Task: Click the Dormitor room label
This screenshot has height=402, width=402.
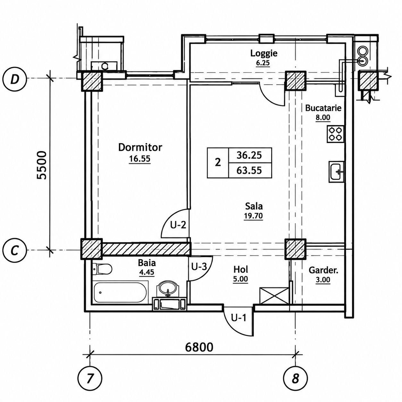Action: coord(140,147)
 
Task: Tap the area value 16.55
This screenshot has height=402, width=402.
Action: coord(140,159)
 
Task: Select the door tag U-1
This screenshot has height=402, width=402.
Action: coord(239,318)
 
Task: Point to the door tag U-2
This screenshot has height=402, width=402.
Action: coord(178,225)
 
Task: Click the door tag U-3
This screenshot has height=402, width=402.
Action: coord(199,267)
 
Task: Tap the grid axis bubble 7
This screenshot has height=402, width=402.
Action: coord(90,378)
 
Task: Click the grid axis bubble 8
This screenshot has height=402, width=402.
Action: coord(295,378)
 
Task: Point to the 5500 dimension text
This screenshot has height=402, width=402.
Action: coord(41,165)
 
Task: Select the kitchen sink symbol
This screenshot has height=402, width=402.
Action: coord(336,172)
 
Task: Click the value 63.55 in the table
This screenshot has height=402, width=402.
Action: coord(249,171)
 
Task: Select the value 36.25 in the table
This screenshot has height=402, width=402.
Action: coord(249,155)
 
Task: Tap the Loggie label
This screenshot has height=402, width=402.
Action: coord(264,54)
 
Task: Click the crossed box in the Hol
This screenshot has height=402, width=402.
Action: coord(274,297)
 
